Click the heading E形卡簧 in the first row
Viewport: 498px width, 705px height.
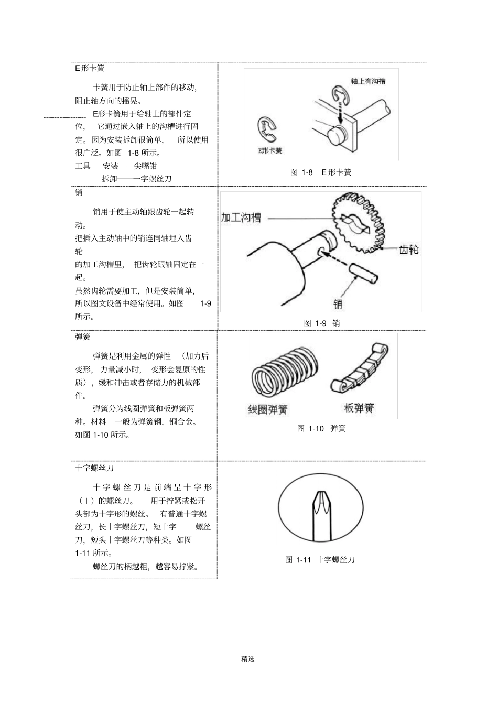pos(90,68)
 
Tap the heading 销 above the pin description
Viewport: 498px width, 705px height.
pos(79,192)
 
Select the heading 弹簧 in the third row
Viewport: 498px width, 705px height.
pos(83,337)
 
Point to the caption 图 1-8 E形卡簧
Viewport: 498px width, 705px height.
pos(321,172)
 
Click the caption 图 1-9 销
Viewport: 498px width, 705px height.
pos(322,323)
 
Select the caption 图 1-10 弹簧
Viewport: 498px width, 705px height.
pos(321,428)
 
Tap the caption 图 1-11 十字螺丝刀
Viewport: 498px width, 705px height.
pos(320,559)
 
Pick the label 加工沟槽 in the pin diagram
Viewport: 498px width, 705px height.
pos(241,218)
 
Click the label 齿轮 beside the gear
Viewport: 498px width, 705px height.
pos(409,250)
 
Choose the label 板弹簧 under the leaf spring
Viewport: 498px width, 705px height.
pos(359,408)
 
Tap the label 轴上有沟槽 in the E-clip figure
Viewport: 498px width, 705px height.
pos(368,81)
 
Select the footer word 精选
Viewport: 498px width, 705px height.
pos(248,659)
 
